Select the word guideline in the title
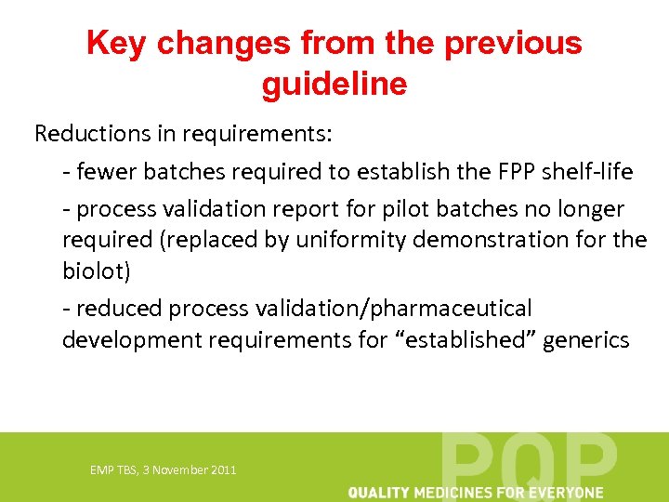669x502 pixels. [x=334, y=85]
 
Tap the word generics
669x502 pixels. [x=586, y=339]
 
